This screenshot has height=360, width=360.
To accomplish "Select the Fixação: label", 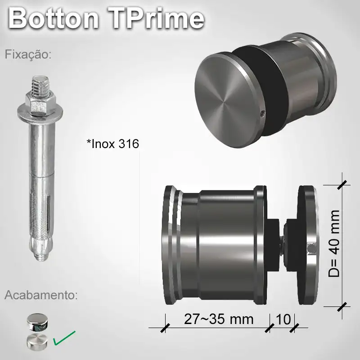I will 28,55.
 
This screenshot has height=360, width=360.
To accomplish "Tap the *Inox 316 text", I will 112,144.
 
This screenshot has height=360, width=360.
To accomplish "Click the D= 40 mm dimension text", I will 334,243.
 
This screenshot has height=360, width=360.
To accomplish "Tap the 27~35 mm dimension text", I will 219,319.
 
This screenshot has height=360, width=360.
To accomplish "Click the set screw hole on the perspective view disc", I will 262,114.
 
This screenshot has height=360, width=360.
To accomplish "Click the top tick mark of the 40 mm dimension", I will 343,184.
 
